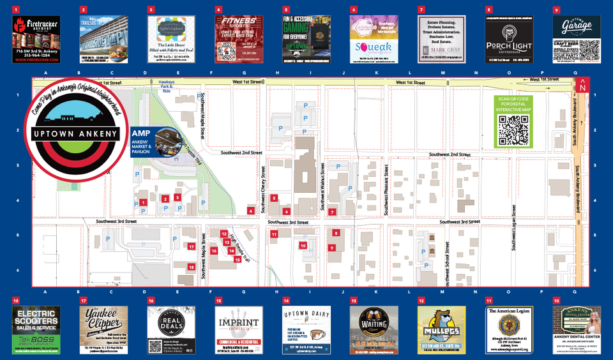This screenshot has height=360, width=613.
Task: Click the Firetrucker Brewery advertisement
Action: click(x=36, y=39)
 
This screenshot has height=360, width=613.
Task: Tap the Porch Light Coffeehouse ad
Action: click(x=509, y=39)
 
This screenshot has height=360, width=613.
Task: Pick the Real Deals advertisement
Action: click(x=171, y=329)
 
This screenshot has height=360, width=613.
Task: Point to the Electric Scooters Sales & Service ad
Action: click(x=36, y=329)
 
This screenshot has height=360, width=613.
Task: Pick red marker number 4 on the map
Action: click(x=252, y=211)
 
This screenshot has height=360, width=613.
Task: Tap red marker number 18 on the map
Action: click(x=191, y=267)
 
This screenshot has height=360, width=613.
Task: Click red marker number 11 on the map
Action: click(x=274, y=235)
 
